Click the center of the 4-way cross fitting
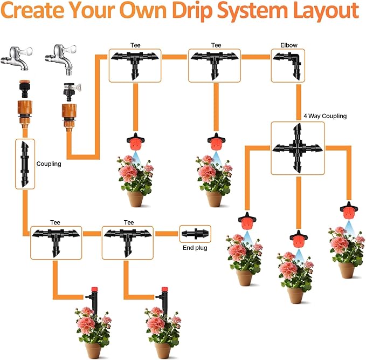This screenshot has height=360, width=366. click(x=298, y=147)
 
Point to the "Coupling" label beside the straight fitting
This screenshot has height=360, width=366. click(x=49, y=164)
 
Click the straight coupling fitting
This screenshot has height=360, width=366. click(x=24, y=164)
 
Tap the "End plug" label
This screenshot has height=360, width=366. click(x=194, y=248)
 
